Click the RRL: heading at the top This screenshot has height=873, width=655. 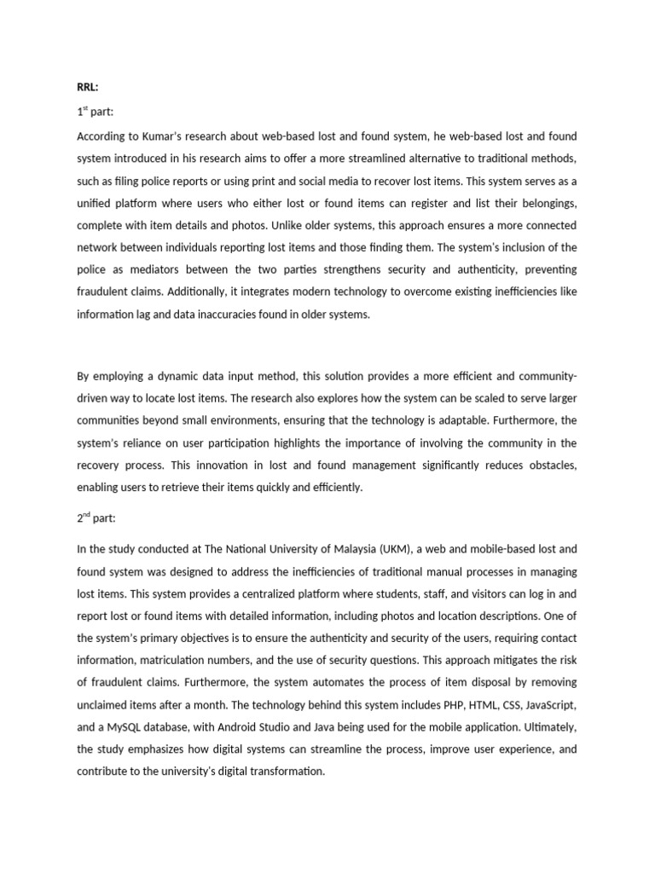click(88, 88)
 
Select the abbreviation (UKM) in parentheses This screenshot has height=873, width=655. click(377, 549)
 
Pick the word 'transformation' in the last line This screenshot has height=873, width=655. click(284, 771)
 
